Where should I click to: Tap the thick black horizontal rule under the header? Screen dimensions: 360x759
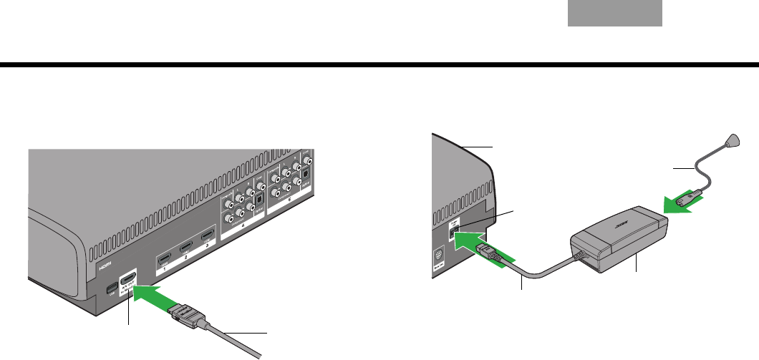point(379,65)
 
